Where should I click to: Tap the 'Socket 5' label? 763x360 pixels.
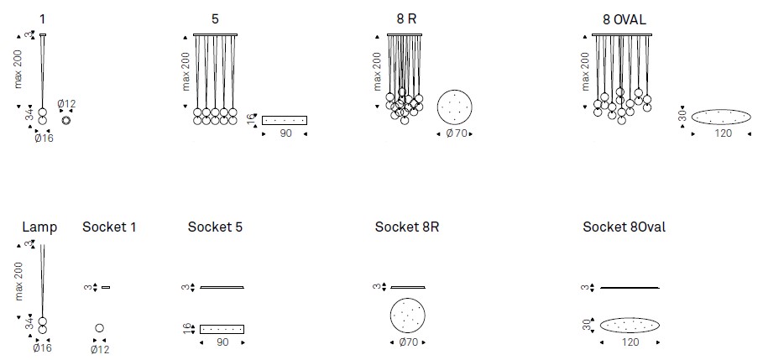point(216,227)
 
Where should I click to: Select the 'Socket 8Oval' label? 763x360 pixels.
point(625,227)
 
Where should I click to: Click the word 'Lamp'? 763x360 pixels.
point(39,227)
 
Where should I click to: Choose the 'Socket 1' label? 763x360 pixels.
point(109,227)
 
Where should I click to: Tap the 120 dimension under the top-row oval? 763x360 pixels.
point(723,133)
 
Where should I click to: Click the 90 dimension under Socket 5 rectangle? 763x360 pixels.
point(222,343)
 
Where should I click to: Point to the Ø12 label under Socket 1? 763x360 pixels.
point(100,348)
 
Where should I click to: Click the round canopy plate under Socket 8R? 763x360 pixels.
point(408,316)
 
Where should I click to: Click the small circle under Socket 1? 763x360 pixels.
point(100,328)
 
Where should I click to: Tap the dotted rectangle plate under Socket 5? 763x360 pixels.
point(222,328)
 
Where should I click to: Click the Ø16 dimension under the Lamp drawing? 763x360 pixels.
point(42,347)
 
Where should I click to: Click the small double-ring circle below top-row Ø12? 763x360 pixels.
point(66,119)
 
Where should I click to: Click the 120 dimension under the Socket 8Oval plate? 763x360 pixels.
point(630,343)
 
